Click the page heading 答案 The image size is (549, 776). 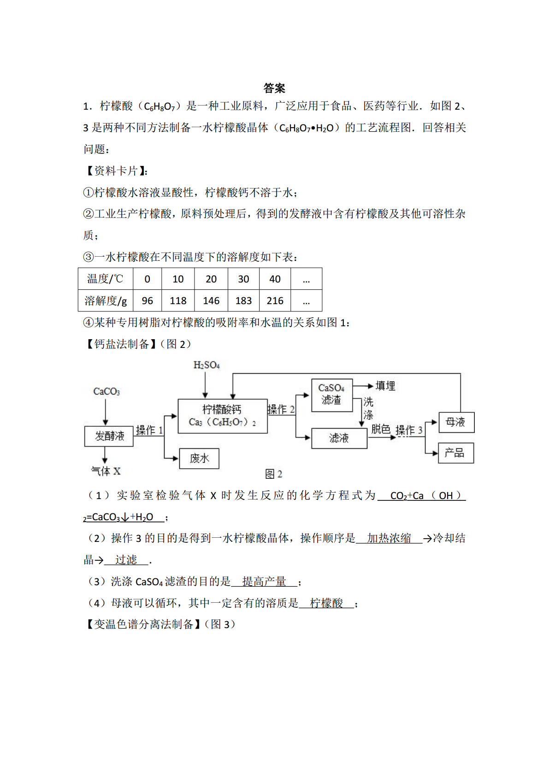click(x=274, y=88)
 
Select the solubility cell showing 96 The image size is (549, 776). click(x=148, y=300)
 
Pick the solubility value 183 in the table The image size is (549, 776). click(x=243, y=300)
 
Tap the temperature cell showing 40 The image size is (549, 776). click(x=275, y=279)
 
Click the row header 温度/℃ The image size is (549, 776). click(x=106, y=279)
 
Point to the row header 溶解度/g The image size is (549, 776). click(x=106, y=300)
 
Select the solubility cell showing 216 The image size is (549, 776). click(x=275, y=300)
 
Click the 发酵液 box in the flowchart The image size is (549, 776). click(x=109, y=436)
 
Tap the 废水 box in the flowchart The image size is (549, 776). click(x=199, y=459)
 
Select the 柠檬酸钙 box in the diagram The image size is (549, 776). click(x=223, y=416)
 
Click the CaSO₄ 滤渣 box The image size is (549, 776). click(x=332, y=395)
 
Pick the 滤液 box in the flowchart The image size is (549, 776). click(x=339, y=438)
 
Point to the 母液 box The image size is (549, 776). click(x=456, y=422)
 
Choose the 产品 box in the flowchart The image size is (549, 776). click(x=456, y=453)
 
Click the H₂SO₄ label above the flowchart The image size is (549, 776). click(x=207, y=365)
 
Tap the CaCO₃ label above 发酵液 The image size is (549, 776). click(x=106, y=392)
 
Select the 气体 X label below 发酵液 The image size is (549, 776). click(x=106, y=471)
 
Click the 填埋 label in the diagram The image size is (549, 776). click(x=385, y=386)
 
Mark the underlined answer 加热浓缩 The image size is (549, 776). click(x=389, y=538)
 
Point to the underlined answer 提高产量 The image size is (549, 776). click(x=264, y=581)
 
